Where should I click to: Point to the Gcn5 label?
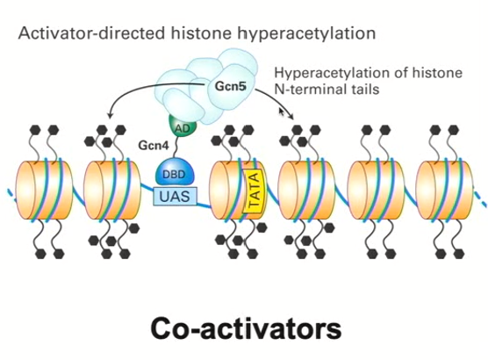[231, 88]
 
